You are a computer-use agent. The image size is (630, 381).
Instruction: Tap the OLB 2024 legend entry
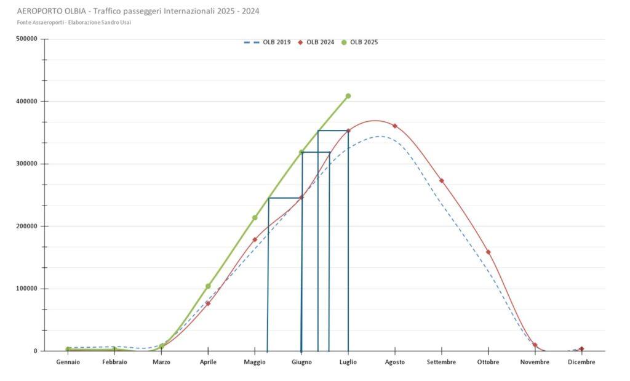point(317,42)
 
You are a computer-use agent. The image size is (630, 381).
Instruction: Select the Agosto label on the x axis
point(395,363)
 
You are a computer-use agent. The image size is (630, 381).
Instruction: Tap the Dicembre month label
point(581,363)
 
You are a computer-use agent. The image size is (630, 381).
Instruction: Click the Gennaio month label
point(68,363)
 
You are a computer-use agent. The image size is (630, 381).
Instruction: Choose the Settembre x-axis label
point(442,363)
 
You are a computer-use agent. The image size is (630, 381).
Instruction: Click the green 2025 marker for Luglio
point(348,96)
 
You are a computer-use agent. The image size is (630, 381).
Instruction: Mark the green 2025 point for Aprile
point(208,286)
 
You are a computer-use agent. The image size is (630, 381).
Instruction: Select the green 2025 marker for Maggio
point(255,218)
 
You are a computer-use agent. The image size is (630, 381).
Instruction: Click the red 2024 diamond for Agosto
point(395,126)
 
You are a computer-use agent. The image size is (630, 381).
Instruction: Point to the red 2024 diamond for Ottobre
point(488,252)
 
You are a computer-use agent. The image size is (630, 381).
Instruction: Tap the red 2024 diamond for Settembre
point(442,181)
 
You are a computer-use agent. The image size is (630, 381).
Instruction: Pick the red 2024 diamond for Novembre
point(535,345)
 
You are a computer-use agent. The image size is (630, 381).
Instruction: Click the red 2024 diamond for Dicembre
point(581,349)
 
